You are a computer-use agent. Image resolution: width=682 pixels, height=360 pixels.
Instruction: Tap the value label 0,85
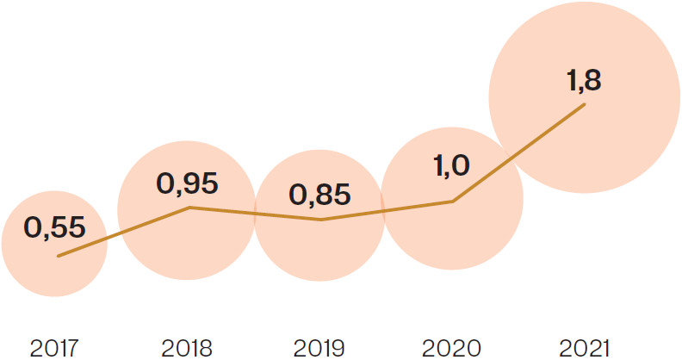pos(320,194)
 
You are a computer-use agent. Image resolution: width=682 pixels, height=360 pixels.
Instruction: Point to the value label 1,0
pos(451,164)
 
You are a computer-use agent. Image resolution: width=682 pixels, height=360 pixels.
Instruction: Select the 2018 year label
pos(187,348)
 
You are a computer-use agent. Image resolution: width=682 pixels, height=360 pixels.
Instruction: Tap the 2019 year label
pos(319,348)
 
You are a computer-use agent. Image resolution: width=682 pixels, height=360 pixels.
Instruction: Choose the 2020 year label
pos(451,348)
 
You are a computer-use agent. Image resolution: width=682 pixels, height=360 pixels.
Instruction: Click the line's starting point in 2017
pos(58,256)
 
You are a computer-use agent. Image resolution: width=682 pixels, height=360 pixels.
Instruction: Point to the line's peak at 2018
pos(189,208)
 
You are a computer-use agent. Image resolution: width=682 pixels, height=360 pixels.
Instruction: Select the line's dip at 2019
pos(320,220)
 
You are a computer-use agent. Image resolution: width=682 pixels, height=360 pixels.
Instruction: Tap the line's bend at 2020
pos(453,202)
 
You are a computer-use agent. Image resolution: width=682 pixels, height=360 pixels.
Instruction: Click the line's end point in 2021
pos(586,105)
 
